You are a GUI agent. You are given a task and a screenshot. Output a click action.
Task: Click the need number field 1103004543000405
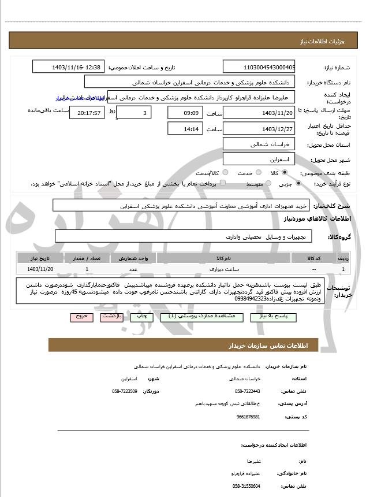coord(259,67)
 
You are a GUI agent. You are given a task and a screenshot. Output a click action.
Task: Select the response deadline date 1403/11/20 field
coord(259,113)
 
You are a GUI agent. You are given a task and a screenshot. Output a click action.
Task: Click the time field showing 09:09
coord(185,113)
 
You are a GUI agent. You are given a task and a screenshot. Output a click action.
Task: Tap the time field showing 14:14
coord(185,129)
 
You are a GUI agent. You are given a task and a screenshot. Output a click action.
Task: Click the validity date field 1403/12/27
coord(259,129)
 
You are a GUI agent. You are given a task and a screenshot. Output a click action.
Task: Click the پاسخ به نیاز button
coord(273,317)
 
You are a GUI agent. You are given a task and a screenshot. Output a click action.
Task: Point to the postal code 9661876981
coord(248,417)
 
